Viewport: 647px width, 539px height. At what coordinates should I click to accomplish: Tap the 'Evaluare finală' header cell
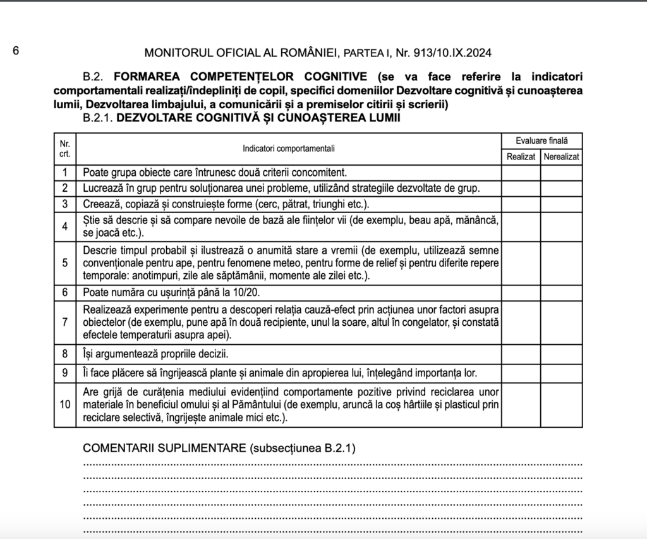[x=541, y=141]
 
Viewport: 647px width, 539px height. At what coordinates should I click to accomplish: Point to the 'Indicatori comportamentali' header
[x=289, y=149]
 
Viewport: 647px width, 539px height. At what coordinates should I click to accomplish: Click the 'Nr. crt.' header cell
[x=64, y=149]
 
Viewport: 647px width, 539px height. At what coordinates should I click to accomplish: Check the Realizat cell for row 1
[x=521, y=172]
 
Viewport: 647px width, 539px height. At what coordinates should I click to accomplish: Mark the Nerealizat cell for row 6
[x=561, y=293]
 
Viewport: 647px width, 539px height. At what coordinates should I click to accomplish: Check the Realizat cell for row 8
[x=521, y=353]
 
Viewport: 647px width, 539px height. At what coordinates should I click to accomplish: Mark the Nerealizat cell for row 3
[x=561, y=204]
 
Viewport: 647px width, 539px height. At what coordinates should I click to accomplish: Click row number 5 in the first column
[x=64, y=263]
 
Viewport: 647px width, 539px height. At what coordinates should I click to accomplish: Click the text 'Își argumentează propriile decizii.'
[x=155, y=353]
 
